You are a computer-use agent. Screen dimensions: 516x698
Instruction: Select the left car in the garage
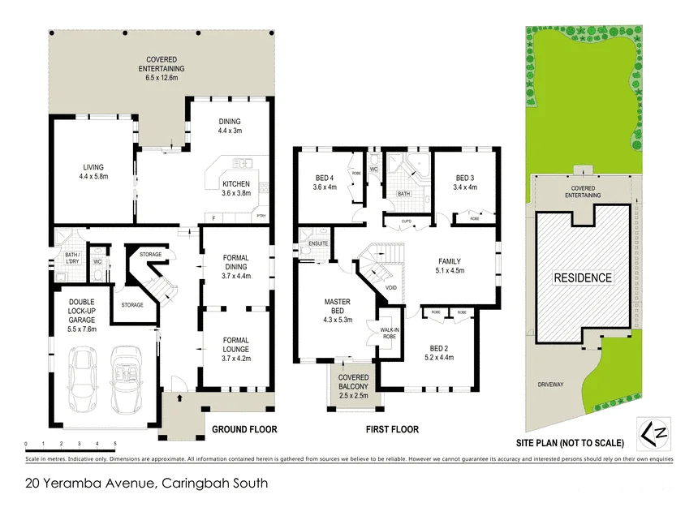(83, 379)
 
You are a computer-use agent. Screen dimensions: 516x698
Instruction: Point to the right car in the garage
(127, 378)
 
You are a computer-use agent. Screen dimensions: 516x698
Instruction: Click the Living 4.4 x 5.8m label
(93, 170)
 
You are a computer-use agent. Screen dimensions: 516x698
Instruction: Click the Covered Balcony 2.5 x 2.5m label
(353, 387)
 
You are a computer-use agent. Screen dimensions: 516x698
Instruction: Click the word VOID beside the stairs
(391, 287)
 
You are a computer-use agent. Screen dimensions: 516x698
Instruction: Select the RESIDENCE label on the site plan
(583, 277)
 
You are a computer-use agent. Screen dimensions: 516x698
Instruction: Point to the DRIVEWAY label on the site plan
(554, 385)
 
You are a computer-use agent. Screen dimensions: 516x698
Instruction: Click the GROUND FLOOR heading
(244, 429)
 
